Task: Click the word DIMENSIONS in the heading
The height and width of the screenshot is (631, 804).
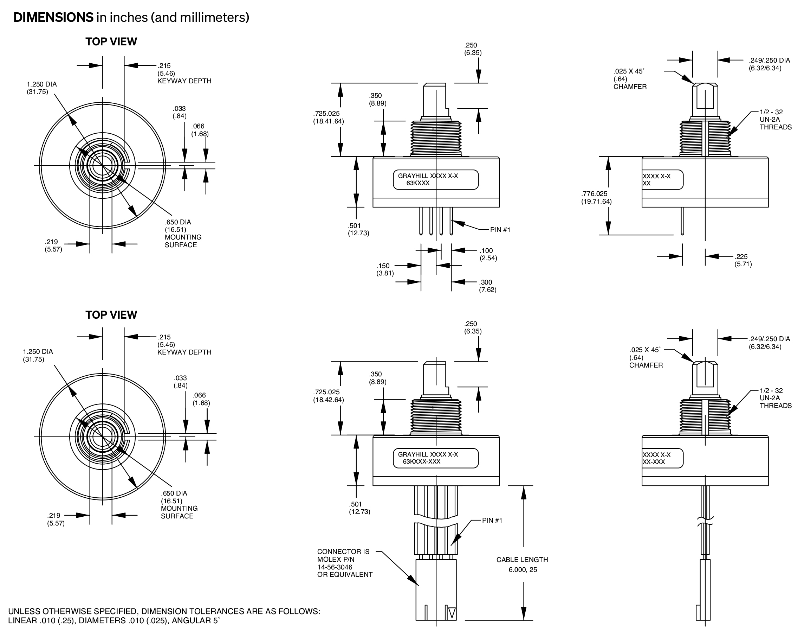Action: pyautogui.click(x=53, y=17)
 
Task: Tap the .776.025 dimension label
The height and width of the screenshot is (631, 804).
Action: pyautogui.click(x=594, y=193)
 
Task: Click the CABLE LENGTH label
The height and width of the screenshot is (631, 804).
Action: pyautogui.click(x=522, y=560)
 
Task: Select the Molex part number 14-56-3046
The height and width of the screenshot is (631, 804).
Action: pyautogui.click(x=335, y=567)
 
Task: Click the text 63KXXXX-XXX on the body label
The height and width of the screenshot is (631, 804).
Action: pyautogui.click(x=422, y=461)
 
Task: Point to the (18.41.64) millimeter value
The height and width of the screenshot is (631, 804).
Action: pyautogui.click(x=329, y=121)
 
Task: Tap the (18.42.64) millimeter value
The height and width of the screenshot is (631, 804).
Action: pyautogui.click(x=329, y=400)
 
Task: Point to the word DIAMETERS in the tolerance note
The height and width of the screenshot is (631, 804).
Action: pyautogui.click(x=97, y=620)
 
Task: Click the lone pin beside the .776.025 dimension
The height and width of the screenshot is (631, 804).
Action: pyautogui.click(x=682, y=221)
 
